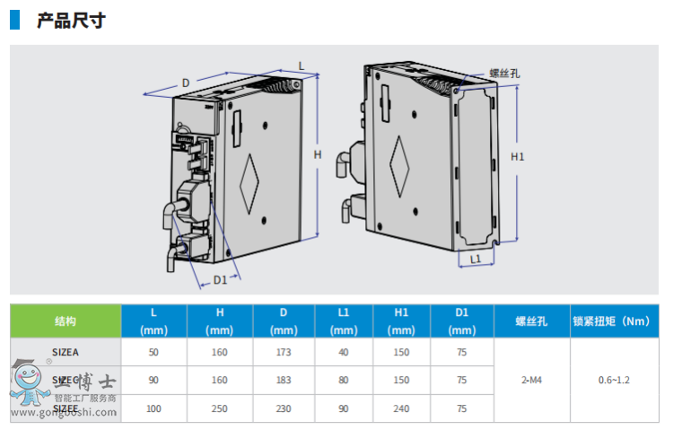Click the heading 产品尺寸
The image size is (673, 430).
coord(71,20)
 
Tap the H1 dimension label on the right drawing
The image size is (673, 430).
coord(517,157)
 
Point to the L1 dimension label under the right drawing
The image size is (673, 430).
coord(476,259)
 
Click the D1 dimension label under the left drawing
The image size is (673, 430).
coord(220,280)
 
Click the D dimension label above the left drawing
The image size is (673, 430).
coord(186,83)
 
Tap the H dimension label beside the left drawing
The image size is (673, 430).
coord(317,154)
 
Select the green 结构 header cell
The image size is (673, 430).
coord(66,320)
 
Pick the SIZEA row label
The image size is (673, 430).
coord(66,352)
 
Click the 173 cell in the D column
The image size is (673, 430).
coord(284,352)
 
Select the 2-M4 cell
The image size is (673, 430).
coord(531,380)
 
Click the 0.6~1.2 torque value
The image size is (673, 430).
coord(614,380)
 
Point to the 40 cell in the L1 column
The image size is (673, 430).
coord(344,352)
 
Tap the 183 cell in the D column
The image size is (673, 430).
coord(284,380)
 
